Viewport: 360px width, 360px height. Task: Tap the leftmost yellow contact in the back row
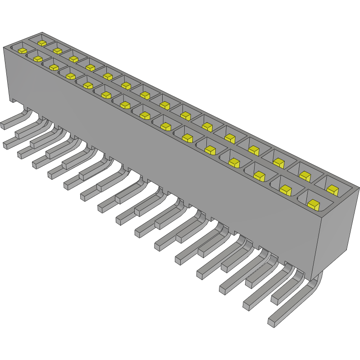tap(42, 43)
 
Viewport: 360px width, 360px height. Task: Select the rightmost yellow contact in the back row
tap(333, 189)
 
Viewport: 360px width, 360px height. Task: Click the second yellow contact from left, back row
tap(57, 50)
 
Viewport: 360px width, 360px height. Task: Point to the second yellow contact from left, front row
tap(37, 59)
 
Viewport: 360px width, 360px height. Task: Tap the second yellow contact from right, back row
tap(305, 175)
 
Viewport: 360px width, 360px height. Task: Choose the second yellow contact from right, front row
tap(285, 190)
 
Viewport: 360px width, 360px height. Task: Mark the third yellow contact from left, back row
tap(73, 59)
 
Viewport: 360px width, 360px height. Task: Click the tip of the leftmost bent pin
tap(5, 124)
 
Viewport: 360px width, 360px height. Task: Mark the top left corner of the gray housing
tap(5, 47)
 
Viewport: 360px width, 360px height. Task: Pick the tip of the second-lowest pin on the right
tap(247, 305)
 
